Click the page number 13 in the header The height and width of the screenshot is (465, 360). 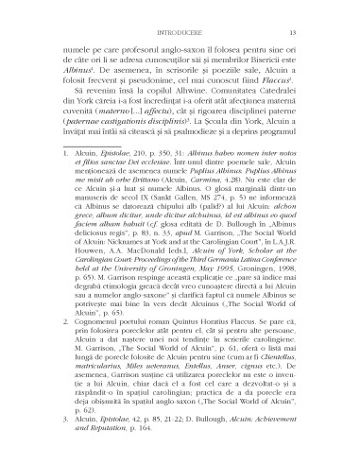(296, 32)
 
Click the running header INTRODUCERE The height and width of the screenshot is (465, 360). (180, 32)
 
